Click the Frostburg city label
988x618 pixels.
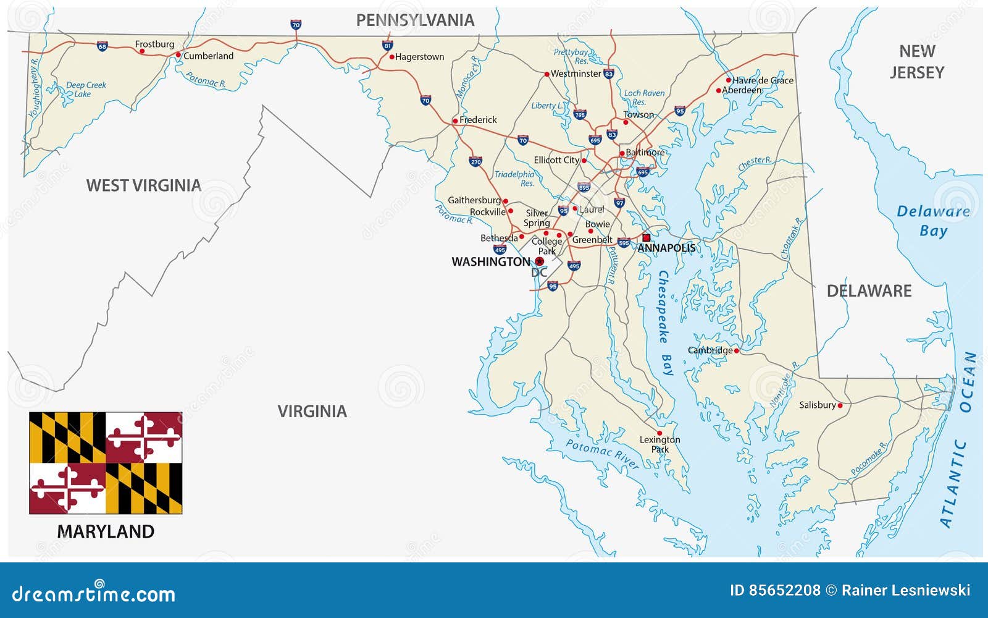click(x=154, y=44)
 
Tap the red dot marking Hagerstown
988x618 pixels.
click(x=391, y=57)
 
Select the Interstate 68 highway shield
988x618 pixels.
click(x=102, y=46)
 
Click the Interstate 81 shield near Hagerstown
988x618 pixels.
click(x=387, y=45)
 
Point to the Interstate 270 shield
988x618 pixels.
click(x=475, y=161)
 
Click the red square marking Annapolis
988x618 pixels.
click(x=647, y=237)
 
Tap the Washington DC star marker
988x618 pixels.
click(x=539, y=261)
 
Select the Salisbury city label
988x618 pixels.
click(x=817, y=405)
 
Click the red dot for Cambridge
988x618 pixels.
click(x=736, y=350)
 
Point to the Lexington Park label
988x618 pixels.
click(x=659, y=444)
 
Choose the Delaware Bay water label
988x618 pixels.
click(x=933, y=221)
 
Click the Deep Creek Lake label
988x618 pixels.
click(x=86, y=90)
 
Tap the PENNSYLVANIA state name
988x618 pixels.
click(x=415, y=20)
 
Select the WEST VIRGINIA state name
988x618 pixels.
click(x=143, y=185)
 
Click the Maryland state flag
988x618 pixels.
click(x=106, y=463)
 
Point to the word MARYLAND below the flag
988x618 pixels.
click(x=106, y=531)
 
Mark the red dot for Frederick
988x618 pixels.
click(x=455, y=121)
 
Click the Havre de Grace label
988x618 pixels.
click(x=763, y=80)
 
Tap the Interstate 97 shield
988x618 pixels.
click(x=619, y=202)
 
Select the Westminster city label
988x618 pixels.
click(x=576, y=74)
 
